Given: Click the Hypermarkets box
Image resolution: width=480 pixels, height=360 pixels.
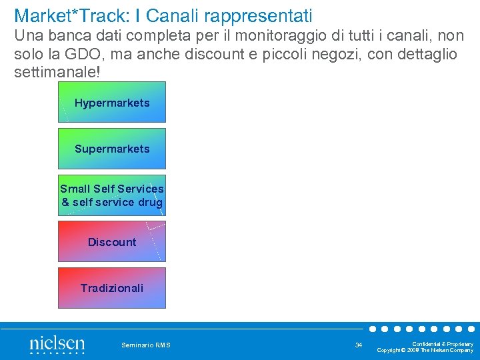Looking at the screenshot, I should click(x=112, y=103).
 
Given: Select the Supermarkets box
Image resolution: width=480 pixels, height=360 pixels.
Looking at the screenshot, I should click(x=112, y=149).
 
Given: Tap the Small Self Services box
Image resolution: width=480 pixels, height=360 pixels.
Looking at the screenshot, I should click(x=112, y=195).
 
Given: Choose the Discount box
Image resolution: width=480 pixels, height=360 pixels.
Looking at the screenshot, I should click(x=112, y=242).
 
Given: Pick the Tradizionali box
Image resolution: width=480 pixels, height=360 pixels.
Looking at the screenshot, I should click(x=112, y=288).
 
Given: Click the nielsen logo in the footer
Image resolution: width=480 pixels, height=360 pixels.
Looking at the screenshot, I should click(x=57, y=345).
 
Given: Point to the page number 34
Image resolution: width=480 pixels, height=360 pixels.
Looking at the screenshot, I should click(x=359, y=345).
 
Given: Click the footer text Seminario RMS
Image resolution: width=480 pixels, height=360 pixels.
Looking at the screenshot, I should click(x=146, y=345).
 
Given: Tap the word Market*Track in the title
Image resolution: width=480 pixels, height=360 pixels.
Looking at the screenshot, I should click(x=63, y=15).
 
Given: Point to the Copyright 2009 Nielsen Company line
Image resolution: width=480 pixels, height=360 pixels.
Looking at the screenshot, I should click(x=425, y=350).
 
